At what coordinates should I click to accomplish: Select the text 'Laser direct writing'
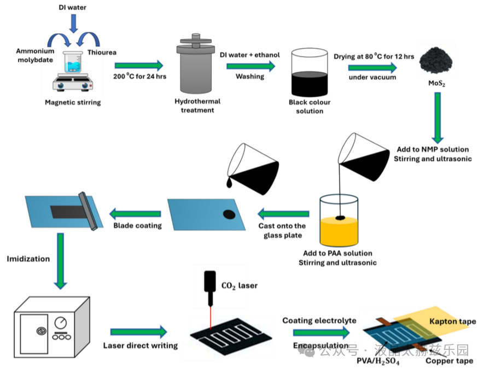141,345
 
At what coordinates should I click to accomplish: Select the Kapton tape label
452,321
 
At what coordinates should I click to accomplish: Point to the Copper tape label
449,361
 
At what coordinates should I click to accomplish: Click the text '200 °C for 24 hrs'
140,76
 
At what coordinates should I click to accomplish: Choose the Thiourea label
102,52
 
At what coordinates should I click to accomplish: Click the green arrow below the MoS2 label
438,118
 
